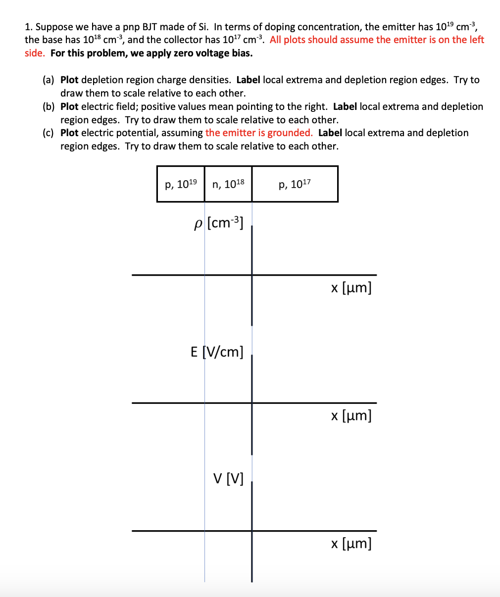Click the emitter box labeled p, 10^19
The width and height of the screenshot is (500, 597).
click(x=181, y=184)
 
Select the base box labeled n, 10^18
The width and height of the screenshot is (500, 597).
click(x=228, y=184)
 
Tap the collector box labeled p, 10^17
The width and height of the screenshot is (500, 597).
click(x=295, y=184)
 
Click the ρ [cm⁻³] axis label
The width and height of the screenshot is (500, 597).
click(x=219, y=223)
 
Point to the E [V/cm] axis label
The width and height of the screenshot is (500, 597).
click(x=217, y=352)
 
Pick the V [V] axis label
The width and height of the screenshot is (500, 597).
click(x=228, y=479)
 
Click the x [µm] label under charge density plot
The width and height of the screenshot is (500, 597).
click(x=351, y=288)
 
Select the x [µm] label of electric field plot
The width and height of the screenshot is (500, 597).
click(x=351, y=415)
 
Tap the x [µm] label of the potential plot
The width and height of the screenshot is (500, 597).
click(x=351, y=544)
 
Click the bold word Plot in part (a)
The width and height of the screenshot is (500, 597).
click(x=69, y=80)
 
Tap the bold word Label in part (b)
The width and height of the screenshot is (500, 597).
click(x=345, y=107)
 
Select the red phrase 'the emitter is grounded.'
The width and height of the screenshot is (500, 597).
click(x=259, y=133)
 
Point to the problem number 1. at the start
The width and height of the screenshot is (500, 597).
click(x=29, y=27)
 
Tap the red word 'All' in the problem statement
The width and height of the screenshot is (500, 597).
click(x=275, y=40)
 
